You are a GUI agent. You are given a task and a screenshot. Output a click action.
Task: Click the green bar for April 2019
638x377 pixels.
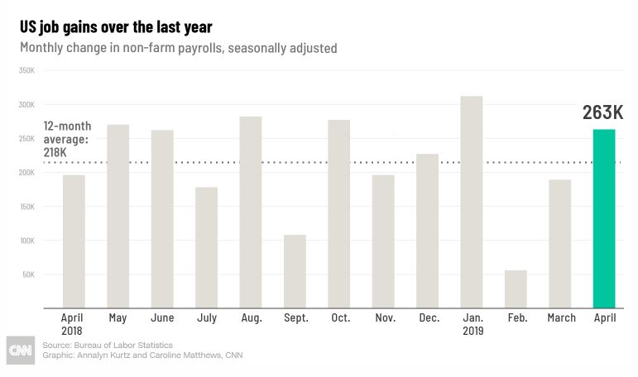point(604,218)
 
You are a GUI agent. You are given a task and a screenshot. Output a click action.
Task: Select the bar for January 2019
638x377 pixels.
point(472,202)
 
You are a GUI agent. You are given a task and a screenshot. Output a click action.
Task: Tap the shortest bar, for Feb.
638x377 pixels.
point(516,289)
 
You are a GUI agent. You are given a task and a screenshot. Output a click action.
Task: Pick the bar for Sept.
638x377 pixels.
point(295,271)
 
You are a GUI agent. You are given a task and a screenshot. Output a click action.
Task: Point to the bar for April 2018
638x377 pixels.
point(74,241)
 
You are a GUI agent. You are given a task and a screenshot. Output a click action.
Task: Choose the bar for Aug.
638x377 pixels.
point(251,212)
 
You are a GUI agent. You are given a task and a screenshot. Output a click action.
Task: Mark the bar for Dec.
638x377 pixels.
point(427,231)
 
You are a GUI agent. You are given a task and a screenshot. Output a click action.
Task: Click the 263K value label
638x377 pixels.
point(602,112)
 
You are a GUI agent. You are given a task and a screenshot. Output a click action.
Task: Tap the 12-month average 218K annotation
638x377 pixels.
point(67,139)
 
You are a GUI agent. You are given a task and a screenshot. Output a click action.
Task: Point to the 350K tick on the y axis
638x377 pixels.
point(26,70)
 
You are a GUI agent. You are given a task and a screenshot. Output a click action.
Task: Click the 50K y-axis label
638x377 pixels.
point(28,274)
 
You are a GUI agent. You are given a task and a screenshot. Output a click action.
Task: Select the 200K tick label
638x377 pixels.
point(26,173)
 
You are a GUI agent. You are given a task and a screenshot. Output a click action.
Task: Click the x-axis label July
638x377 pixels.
point(207,317)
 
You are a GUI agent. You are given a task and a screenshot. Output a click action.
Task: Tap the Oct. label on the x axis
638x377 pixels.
point(341,317)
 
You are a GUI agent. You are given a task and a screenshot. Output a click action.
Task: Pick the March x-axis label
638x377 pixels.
point(562,317)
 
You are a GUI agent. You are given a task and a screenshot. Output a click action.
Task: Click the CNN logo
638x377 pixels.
point(21,351)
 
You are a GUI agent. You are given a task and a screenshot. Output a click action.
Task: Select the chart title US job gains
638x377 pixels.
point(116,27)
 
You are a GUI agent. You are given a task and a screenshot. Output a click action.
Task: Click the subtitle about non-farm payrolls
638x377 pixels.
point(179,48)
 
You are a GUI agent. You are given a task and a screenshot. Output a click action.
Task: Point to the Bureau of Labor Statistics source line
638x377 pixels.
point(108,345)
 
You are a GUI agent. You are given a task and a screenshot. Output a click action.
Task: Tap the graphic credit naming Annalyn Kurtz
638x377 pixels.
point(142,355)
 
